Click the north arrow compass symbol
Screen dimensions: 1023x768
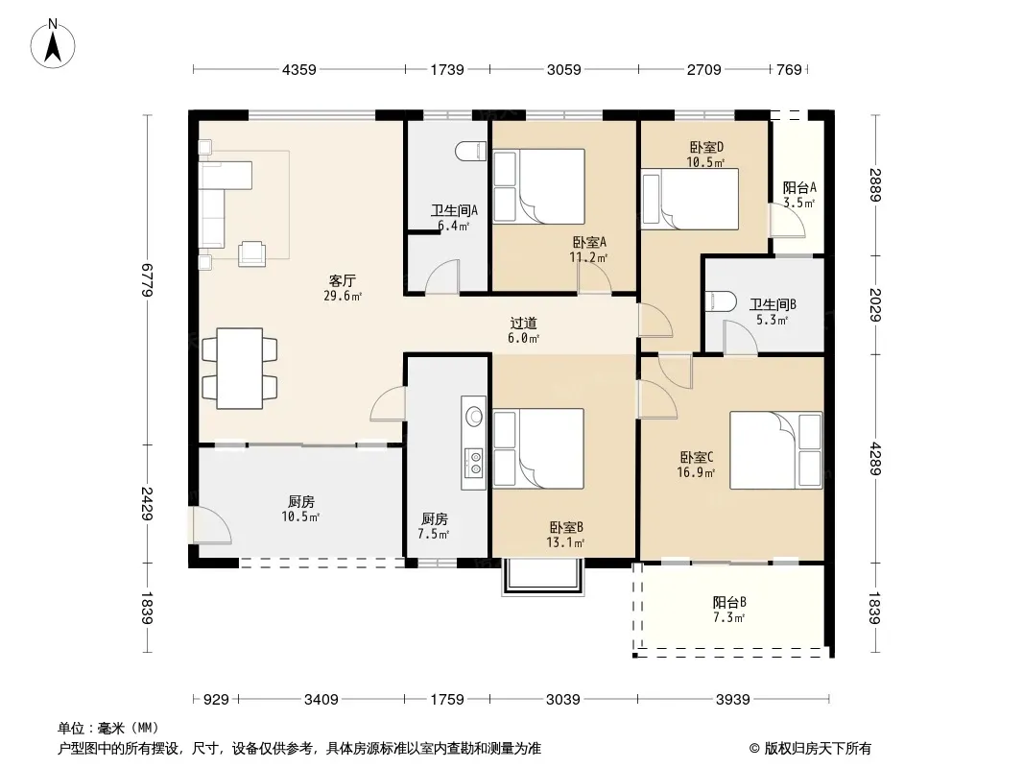coord(53,44)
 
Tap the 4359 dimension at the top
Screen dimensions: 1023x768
coord(298,70)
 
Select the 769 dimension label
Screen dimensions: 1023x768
coord(789,70)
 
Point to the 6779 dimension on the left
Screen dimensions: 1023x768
coord(147,280)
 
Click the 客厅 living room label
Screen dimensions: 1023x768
coord(342,281)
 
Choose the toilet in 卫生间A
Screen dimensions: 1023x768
coord(470,152)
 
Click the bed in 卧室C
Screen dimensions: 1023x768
coord(775,450)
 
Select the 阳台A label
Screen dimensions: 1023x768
coord(799,188)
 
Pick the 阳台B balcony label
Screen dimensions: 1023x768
coord(728,602)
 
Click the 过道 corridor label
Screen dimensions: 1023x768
coord(523,323)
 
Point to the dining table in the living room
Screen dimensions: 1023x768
coord(240,369)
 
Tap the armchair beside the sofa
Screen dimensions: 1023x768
coord(251,253)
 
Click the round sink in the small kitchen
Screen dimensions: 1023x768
coord(474,416)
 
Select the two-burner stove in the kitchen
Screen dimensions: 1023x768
coord(474,462)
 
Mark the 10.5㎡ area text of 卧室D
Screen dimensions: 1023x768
coord(705,162)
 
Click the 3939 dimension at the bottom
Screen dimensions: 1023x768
coord(732,700)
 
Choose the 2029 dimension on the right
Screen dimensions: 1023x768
coord(875,304)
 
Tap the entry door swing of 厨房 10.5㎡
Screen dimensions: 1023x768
coord(211,524)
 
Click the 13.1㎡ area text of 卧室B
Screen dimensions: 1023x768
coord(565,542)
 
